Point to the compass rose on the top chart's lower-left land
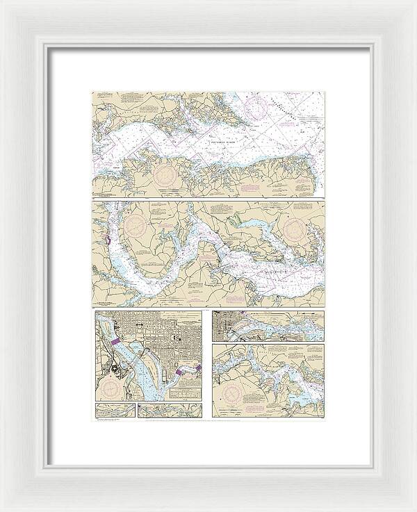pyautogui.click(x=167, y=172)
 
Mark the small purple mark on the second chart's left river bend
pyautogui.click(x=108, y=240)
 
